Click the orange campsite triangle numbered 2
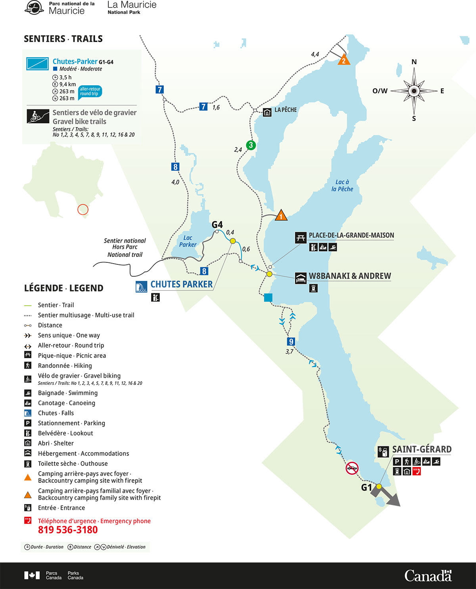pos(344,60)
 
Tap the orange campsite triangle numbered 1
pos(281,216)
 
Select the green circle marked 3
pos(251,145)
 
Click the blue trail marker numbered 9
pos(291,341)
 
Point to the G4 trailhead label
pos(217,225)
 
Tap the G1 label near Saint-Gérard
pos(367,487)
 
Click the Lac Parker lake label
pos(188,241)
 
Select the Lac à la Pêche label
pos(342,185)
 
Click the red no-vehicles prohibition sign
pos(352,468)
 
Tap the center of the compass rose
pos(414,91)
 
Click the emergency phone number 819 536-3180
pos(68,530)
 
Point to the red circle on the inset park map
pos(83,209)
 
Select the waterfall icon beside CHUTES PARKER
pos(142,286)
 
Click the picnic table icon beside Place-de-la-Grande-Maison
pos(300,238)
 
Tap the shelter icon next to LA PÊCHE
pos(267,113)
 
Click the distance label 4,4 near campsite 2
pos(315,54)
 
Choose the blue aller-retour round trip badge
pos(90,92)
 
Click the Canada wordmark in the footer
pos(428,576)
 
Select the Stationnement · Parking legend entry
pos(71,423)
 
